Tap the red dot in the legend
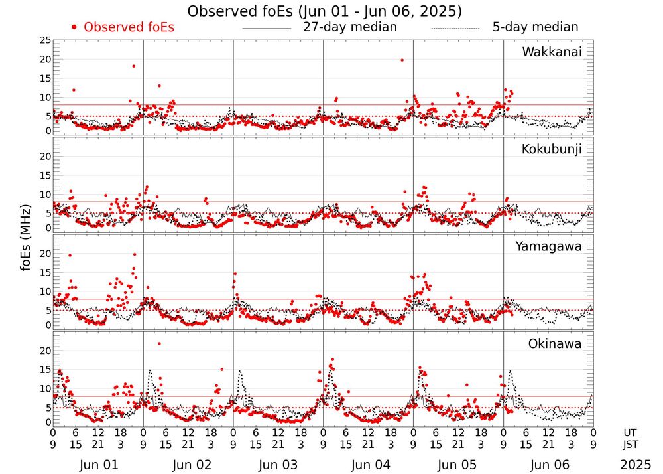pos(74,27)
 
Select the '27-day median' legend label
pos(350,27)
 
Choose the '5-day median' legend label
pos(535,27)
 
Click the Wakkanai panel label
pos(552,52)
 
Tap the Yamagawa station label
pos(548,246)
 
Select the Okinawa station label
pos(554,344)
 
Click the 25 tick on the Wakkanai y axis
pos(45,41)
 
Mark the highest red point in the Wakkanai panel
pos(402,60)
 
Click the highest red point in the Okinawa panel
pos(159,344)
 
